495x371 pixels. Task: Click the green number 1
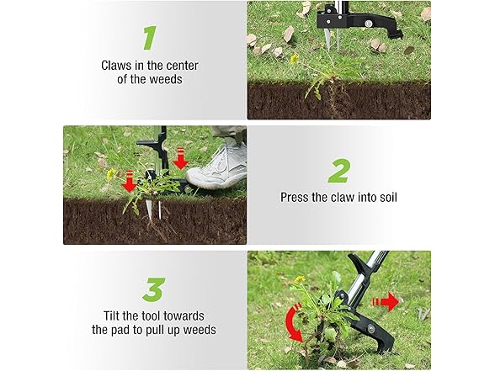pos(149,38)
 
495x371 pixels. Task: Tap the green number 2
pos(338,171)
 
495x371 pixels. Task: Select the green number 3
pos(152,289)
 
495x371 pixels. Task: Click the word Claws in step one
pos(117,65)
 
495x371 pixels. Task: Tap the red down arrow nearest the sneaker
pos(179,160)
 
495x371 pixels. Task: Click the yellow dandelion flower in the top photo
pos(294,59)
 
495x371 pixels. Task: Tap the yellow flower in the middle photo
pos(111,174)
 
